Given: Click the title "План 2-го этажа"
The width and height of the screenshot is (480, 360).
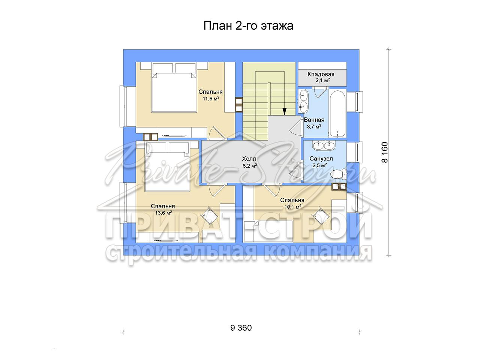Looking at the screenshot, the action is (x=248, y=26).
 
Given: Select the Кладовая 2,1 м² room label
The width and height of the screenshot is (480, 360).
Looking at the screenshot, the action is (x=321, y=77).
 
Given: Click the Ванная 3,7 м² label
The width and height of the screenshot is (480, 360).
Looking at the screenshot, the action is (x=314, y=123).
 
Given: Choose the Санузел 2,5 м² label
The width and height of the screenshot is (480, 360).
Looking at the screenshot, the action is (x=321, y=162).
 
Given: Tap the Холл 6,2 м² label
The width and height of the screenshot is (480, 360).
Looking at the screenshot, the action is (x=249, y=162).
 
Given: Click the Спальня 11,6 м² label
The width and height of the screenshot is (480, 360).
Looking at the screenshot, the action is (x=211, y=95).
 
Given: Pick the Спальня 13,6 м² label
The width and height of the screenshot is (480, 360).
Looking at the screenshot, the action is (x=163, y=209).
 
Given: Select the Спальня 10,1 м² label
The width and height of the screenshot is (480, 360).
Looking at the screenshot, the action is (x=292, y=203).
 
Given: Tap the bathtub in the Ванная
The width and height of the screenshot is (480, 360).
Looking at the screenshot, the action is (x=337, y=114).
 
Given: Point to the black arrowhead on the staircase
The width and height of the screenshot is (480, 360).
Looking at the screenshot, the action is (x=284, y=111).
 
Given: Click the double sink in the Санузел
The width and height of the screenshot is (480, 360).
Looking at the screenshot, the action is (x=323, y=145).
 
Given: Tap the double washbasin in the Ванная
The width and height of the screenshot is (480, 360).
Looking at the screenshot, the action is (x=303, y=102).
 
